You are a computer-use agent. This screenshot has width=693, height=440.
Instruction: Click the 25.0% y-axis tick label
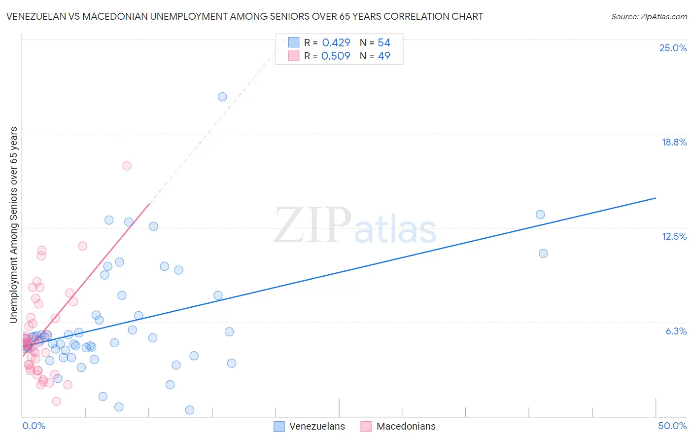tap(673, 48)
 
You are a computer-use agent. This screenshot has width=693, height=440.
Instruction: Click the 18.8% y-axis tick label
tap(674, 143)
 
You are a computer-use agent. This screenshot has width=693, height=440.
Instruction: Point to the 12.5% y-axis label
tap(674, 237)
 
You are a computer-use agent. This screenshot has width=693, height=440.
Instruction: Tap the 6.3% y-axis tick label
tap(676, 331)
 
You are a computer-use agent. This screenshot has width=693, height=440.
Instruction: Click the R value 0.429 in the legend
tap(336, 43)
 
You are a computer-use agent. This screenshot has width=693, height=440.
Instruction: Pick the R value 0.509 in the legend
tap(336, 56)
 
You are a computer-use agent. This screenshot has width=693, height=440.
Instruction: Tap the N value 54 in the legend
tap(384, 43)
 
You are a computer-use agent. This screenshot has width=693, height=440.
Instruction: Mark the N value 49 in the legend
tap(384, 56)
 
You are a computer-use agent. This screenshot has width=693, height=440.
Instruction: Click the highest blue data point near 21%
tap(222, 97)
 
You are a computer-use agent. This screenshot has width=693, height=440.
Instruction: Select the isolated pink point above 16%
tap(127, 166)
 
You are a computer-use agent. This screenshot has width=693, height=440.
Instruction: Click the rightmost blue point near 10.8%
tap(543, 254)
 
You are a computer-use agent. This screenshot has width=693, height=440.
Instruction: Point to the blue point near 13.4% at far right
tap(540, 215)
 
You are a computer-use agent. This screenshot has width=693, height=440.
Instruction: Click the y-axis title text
tap(14, 225)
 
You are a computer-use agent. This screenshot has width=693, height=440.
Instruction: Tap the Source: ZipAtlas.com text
tap(649, 17)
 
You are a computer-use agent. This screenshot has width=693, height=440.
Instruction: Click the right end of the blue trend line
tap(656, 198)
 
